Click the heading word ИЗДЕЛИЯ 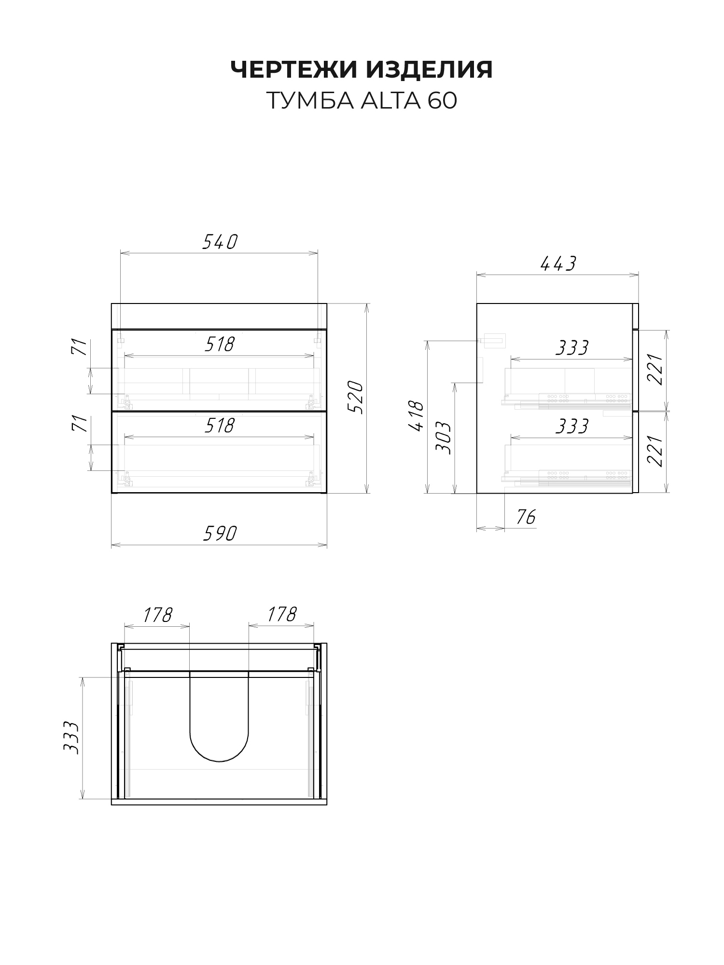click(x=429, y=70)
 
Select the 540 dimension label click(x=220, y=242)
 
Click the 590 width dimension click(x=220, y=534)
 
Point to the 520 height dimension click(x=355, y=397)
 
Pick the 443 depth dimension click(x=558, y=263)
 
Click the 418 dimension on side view click(x=416, y=416)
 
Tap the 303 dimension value click(x=443, y=437)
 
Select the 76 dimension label click(x=526, y=517)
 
